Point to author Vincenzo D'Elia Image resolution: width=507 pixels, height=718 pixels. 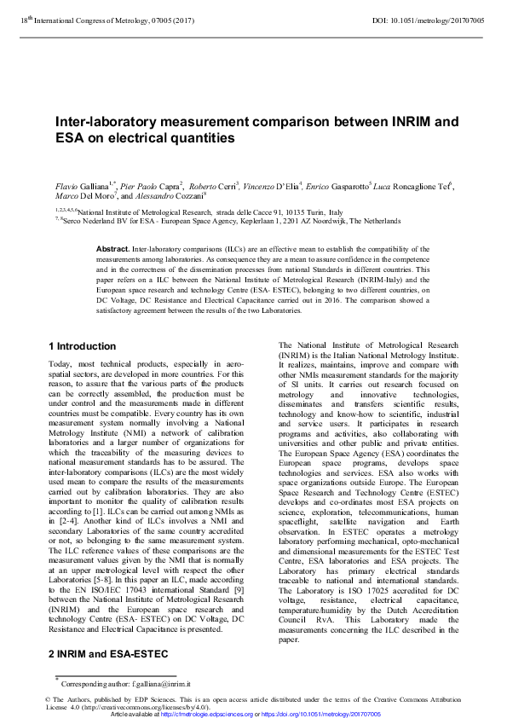point(279,185)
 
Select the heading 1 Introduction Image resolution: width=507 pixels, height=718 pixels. point(82,346)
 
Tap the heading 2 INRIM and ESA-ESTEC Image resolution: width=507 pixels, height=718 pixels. point(107,653)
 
